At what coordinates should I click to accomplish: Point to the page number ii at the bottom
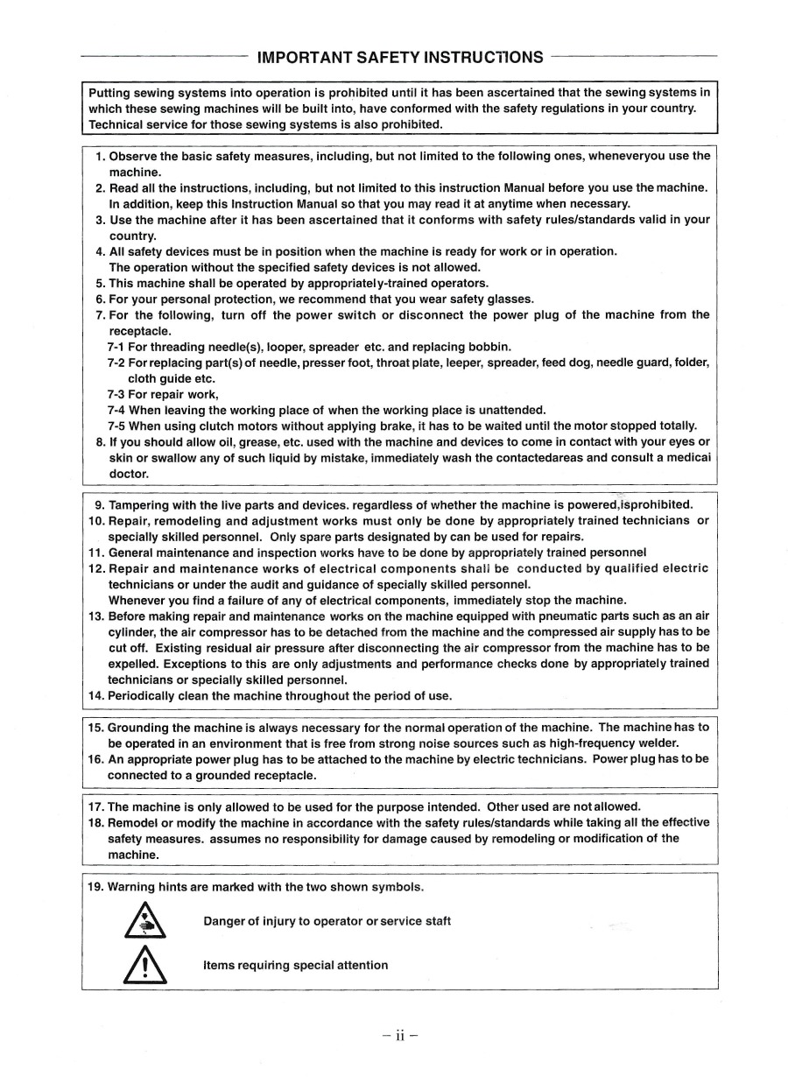[x=400, y=1035]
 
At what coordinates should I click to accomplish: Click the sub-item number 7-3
[x=118, y=395]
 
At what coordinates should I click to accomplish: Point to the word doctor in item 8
[x=128, y=474]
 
